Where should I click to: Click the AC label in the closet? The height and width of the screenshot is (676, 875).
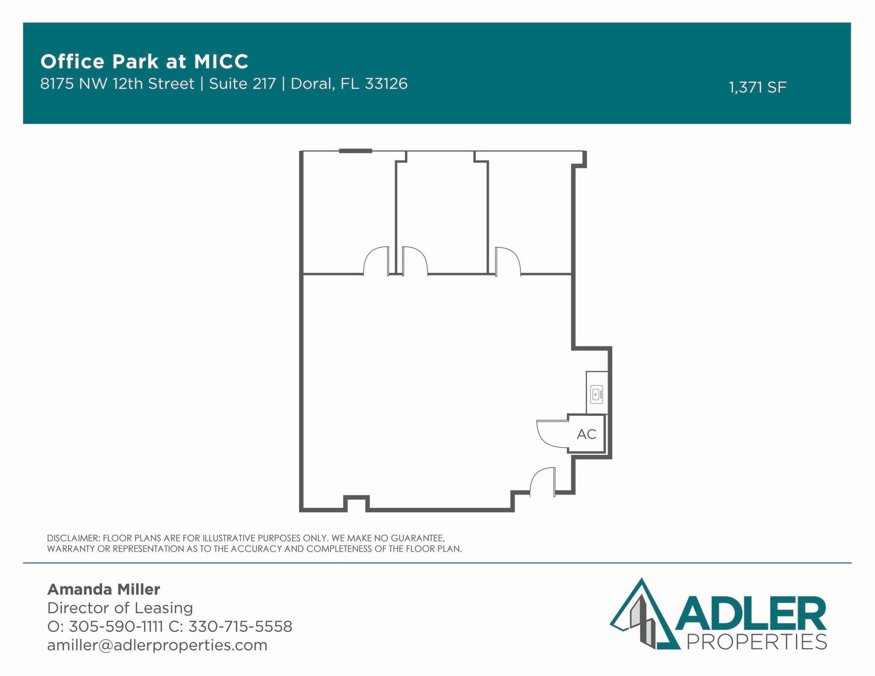pos(586,434)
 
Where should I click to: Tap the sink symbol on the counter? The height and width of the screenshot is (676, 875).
pos(596,394)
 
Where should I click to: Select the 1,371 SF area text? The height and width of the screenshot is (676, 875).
pos(757,88)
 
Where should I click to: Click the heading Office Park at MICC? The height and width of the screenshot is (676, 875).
pos(144,61)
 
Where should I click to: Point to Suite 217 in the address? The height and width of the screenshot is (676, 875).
pos(242,84)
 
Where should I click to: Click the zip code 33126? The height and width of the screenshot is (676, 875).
pos(386,84)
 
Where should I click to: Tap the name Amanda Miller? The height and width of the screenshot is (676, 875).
pos(103,589)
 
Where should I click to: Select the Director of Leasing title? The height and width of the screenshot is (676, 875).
pos(120,608)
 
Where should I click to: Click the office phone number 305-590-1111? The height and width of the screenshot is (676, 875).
pos(116,626)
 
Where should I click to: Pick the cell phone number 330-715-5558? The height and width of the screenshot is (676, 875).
pos(240,626)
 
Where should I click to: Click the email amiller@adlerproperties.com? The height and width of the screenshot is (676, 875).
pos(157,645)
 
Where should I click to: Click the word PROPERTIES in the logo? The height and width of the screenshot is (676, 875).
pos(756,641)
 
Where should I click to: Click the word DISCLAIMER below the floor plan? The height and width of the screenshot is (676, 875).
pos(73,538)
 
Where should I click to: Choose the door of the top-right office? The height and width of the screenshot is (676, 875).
pos(508,260)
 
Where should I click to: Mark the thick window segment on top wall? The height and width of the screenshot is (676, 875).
pos(355,151)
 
